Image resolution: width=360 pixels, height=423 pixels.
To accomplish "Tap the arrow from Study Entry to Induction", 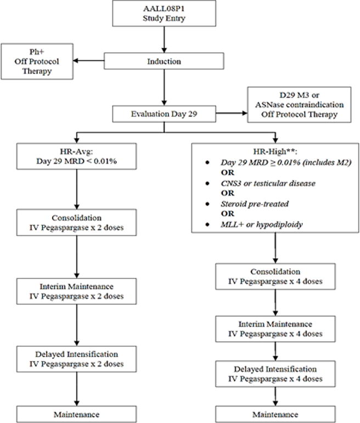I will pyautogui.click(x=164, y=38).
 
